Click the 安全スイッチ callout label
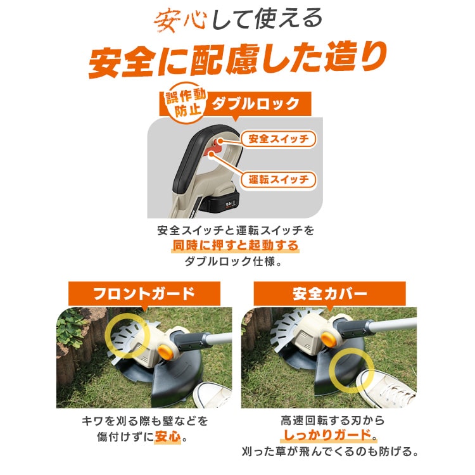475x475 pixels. pyautogui.click(x=279, y=139)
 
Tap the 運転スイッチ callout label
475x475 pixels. pyautogui.click(x=279, y=180)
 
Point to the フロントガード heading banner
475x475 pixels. pyautogui.click(x=144, y=293)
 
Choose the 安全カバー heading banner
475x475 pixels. pyautogui.click(x=329, y=293)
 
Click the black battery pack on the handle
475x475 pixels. pyautogui.click(x=223, y=203)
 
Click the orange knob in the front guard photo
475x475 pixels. pyautogui.click(x=165, y=352)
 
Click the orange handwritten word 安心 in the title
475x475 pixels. pyautogui.click(x=180, y=21)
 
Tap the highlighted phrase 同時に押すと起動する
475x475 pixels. pyautogui.click(x=236, y=245)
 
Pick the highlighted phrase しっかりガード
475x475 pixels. pyautogui.click(x=327, y=435)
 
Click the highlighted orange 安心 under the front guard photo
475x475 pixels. pyautogui.click(x=168, y=436)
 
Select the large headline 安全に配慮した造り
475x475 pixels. pyautogui.click(x=237, y=60)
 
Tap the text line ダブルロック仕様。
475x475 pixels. pyautogui.click(x=234, y=261)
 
